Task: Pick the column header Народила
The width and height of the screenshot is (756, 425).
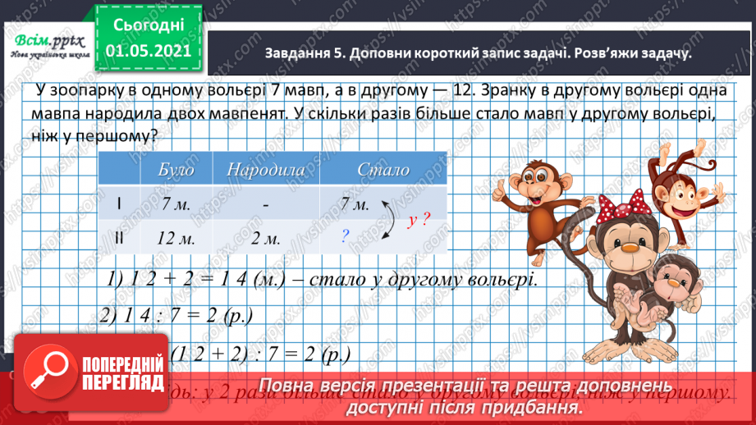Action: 266,170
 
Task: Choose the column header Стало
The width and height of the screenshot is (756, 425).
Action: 383,170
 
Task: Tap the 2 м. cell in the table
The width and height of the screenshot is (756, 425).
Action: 265,237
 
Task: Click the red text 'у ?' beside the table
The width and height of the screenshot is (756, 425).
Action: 418,220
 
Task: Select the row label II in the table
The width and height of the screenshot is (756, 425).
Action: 119,237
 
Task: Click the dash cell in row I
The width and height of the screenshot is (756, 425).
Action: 266,204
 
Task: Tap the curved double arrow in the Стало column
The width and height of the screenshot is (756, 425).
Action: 387,221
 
